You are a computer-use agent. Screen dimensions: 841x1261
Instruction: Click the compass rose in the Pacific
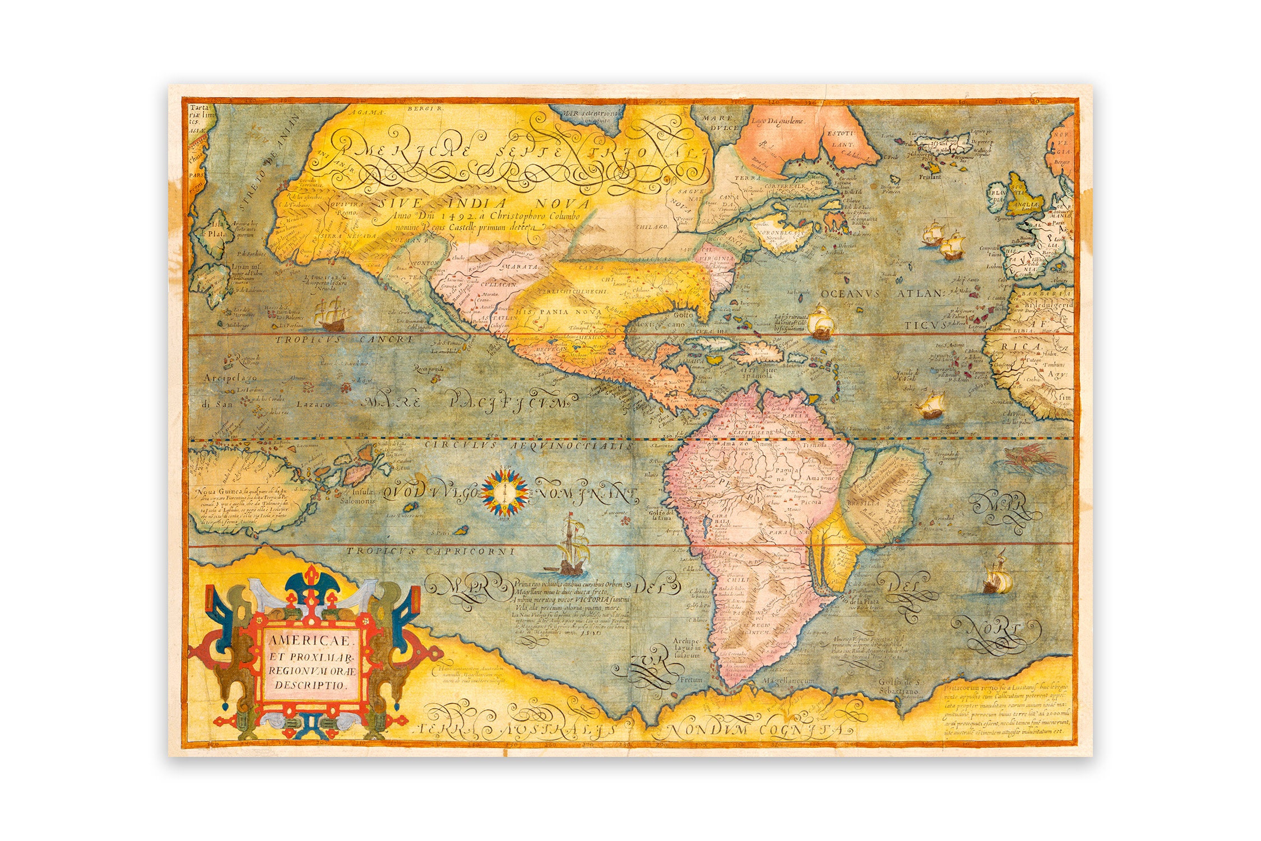tap(506, 492)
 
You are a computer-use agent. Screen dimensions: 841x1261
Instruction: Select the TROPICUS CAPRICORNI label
tap(430, 552)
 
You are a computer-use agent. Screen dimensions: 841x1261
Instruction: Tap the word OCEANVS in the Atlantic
tap(854, 293)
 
